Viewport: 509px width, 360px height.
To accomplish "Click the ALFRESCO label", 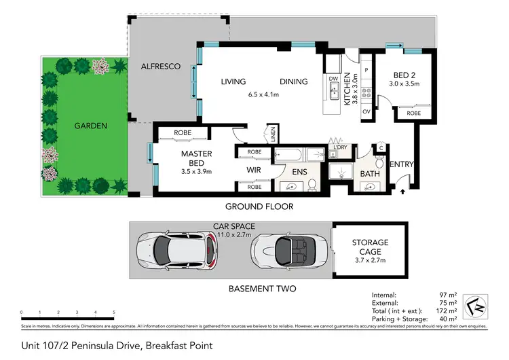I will point(160,67).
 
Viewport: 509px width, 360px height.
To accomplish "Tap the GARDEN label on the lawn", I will point(91,125).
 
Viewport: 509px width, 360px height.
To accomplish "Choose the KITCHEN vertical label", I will point(346,88).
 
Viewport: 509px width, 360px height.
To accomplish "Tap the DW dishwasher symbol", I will point(333,79).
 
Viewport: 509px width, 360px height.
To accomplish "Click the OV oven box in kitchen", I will point(366,111).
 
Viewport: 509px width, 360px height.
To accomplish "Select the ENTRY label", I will point(401,164).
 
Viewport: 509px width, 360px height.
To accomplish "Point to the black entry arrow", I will point(404,192).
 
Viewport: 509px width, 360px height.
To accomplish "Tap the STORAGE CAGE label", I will point(370,247).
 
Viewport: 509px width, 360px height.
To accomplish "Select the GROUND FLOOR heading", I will point(261,206).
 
